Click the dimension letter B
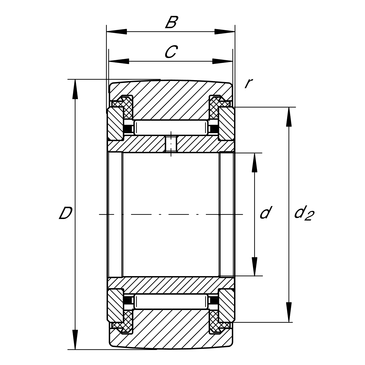pyautogui.click(x=171, y=23)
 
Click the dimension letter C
pyautogui.click(x=171, y=52)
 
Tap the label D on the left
pyautogui.click(x=66, y=213)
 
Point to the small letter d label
pyautogui.click(x=266, y=212)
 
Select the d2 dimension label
pyautogui.click(x=304, y=213)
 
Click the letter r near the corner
pyautogui.click(x=247, y=84)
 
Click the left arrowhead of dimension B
pyautogui.click(x=116, y=32)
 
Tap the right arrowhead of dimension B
pyautogui.click(x=225, y=32)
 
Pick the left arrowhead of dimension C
pyautogui.click(x=119, y=61)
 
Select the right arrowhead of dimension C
pyautogui.click(x=222, y=61)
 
